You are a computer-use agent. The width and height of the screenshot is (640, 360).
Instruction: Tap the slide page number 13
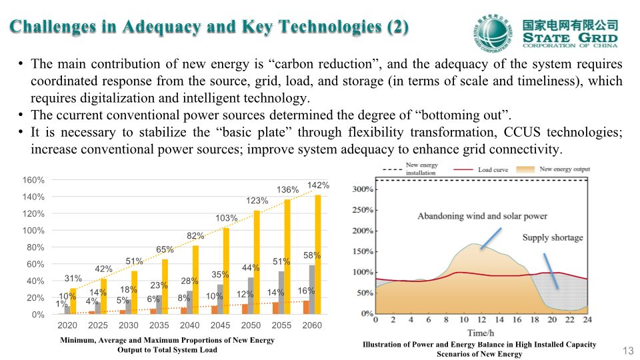pos(627,351)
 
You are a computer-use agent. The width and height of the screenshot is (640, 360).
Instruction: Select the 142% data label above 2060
pos(318,185)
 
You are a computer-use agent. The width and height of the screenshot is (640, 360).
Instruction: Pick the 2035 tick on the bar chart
pos(159,325)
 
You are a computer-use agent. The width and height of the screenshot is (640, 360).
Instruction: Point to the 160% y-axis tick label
pos(33,180)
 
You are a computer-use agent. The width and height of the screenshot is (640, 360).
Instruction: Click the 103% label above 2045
pos(227,218)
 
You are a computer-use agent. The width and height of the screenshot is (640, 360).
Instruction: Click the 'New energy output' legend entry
pos(565,169)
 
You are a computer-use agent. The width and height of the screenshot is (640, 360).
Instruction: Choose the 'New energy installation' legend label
pos(422,169)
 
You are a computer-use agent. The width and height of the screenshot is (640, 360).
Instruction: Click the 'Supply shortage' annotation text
pos(552,237)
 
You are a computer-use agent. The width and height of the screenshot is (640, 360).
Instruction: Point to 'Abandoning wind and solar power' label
pos(482,216)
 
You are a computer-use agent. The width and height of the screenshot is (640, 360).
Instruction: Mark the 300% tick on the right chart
pos(363,189)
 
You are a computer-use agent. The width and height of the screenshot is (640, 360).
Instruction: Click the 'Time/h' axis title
pos(481,332)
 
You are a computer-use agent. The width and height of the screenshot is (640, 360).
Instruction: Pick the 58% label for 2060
pos(312,255)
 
